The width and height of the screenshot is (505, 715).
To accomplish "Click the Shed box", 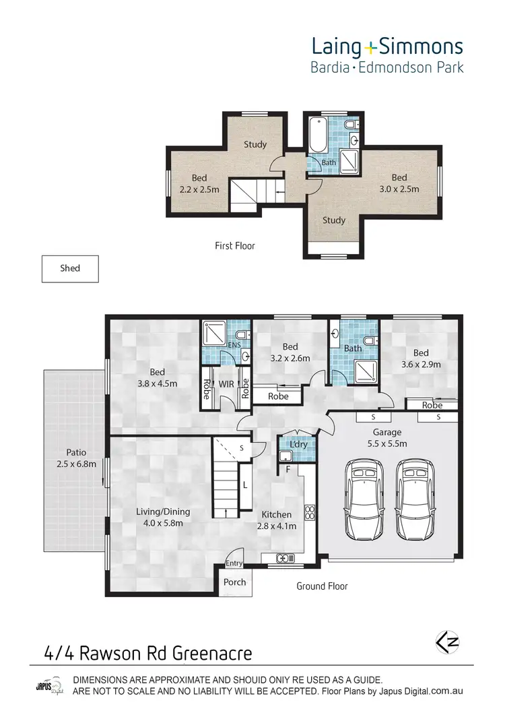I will (70, 268).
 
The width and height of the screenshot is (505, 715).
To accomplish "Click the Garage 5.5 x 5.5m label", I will (388, 438).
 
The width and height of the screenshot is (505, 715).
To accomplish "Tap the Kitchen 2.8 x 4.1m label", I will (278, 521).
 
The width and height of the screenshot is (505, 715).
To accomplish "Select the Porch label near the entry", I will (234, 582).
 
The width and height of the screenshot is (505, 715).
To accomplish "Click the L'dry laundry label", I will (298, 446).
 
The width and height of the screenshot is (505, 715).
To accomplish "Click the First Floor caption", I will (234, 246).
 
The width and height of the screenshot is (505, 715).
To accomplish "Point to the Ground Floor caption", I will (322, 586).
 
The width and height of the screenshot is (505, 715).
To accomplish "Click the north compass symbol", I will (447, 642).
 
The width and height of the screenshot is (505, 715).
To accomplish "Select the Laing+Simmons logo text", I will (386, 46).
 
